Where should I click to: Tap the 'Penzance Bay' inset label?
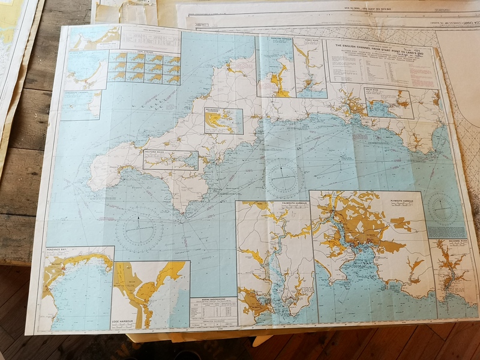[58, 250]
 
